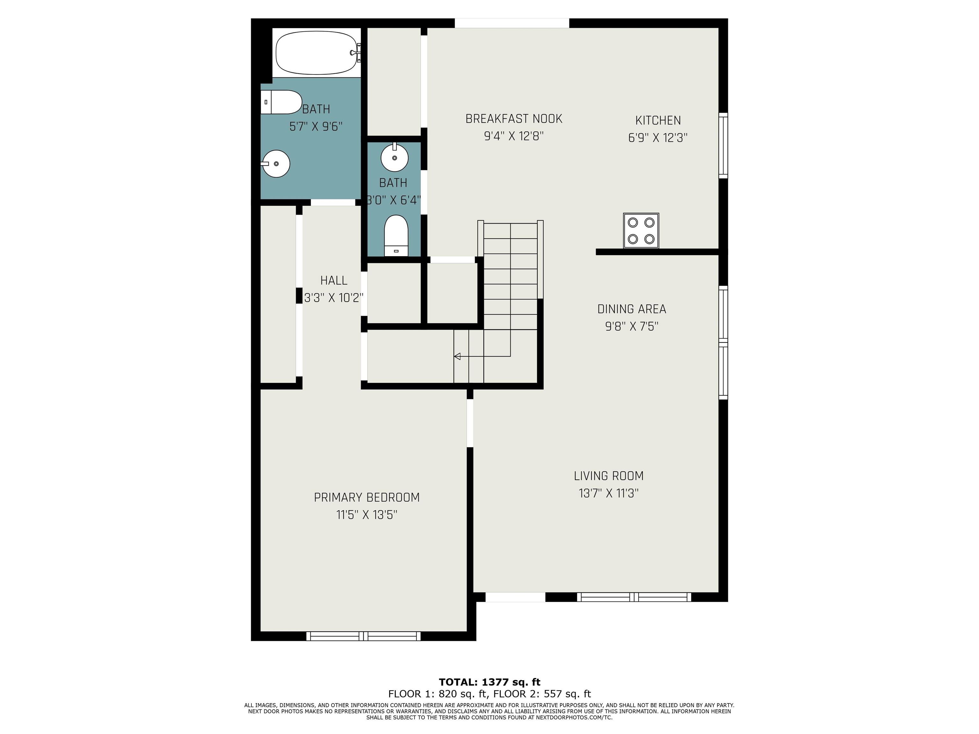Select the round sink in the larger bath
(275, 164)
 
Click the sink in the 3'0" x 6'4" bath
(394, 157)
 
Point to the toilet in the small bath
(396, 235)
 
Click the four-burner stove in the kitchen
(641, 231)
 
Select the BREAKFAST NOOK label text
(514, 119)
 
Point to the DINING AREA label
(632, 309)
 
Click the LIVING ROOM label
(609, 476)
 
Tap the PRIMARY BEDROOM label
(367, 497)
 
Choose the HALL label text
(334, 280)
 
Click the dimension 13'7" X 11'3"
(609, 493)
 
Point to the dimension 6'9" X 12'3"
(658, 137)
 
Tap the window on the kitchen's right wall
(723, 146)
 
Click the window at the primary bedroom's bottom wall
(363, 636)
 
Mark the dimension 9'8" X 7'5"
(632, 326)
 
